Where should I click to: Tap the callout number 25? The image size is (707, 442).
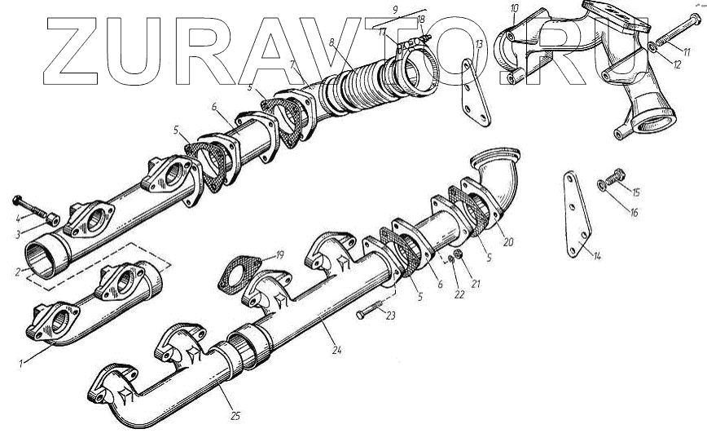[235, 416]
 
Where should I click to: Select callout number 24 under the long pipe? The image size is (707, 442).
[337, 351]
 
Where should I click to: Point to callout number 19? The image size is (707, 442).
[279, 254]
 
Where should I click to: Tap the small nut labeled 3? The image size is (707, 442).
[52, 219]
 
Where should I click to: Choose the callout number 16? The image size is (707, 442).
[634, 212]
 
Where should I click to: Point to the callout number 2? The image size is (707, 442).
[18, 271]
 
